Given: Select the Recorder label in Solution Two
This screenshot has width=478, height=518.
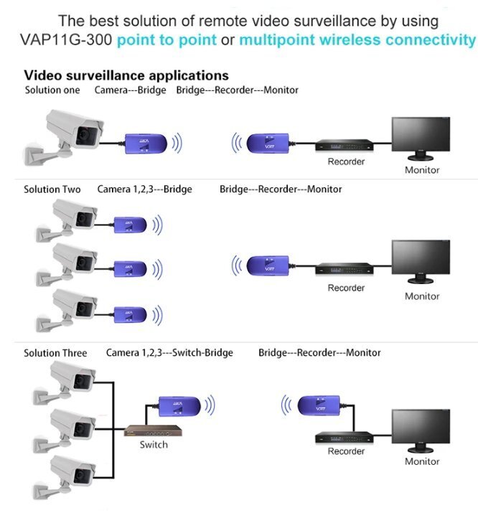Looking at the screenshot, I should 346,288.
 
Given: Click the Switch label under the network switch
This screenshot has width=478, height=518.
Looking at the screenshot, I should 154,445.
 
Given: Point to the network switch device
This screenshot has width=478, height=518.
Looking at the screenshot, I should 154,430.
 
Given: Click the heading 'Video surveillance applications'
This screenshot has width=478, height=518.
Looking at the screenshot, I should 126,75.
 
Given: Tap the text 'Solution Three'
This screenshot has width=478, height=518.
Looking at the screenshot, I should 55,353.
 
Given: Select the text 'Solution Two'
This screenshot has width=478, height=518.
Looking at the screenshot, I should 52,189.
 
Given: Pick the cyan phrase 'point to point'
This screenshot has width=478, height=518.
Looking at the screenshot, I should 167,39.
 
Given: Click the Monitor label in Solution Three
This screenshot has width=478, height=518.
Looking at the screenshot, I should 422,461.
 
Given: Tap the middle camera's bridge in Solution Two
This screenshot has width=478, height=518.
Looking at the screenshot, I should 131,268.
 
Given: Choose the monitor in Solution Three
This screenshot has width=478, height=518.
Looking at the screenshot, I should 421,430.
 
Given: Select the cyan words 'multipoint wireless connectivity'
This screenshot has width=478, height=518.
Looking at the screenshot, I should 357,39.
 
